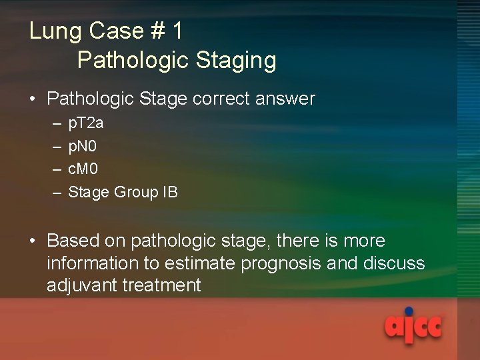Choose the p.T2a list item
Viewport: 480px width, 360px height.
coord(85,124)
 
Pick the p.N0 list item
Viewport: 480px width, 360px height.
coord(83,146)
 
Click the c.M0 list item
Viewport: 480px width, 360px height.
coord(83,169)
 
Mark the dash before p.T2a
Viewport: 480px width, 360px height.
coord(55,124)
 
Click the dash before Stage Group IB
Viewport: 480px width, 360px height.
coord(55,192)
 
